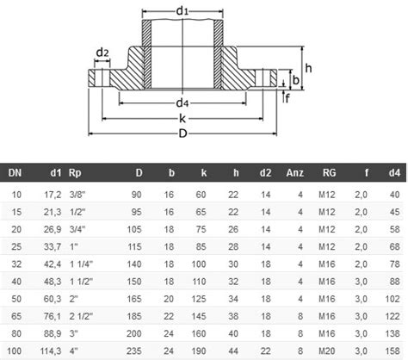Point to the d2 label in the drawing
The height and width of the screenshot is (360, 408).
coord(102,53)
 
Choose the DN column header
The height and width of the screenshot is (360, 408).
coord(15,173)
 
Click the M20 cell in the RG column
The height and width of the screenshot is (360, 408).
coord(328,351)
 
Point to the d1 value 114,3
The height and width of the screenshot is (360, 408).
coord(49,351)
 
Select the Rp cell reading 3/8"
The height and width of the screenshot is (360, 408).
coord(76,196)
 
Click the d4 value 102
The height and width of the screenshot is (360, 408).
coord(393,299)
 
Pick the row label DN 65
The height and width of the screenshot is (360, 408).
coord(15,316)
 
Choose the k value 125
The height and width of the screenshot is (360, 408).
coord(199,299)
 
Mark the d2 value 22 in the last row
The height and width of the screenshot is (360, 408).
coord(268,351)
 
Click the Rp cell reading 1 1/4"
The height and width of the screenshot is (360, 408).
coord(80,264)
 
